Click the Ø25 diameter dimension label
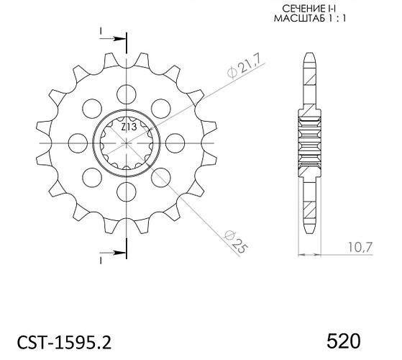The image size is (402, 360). click(x=236, y=242)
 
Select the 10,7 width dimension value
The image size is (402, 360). click(x=360, y=247)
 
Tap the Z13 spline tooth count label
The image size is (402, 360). click(x=129, y=127)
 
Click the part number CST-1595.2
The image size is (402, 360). click(x=64, y=342)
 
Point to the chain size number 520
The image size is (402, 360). click(x=344, y=341)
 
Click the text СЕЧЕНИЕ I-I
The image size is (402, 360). click(x=309, y=9)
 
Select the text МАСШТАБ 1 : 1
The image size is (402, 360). click(x=310, y=19)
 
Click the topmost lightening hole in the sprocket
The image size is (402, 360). click(x=126, y=94)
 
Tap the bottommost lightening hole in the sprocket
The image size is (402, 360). click(x=126, y=192)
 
